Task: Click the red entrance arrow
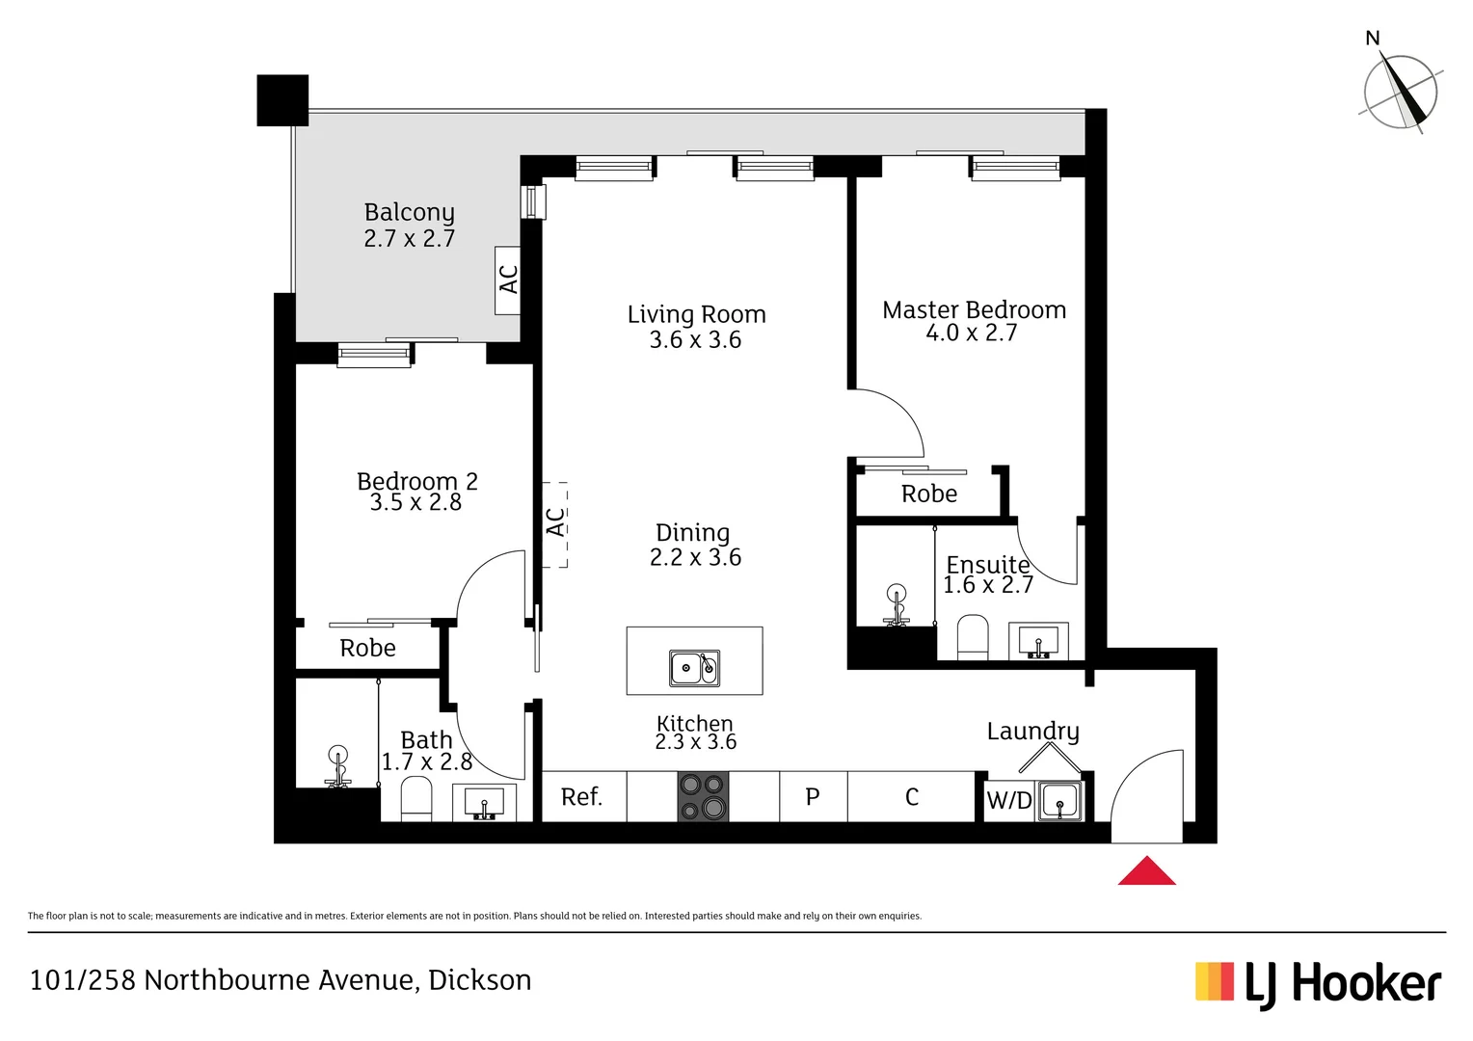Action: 1146,871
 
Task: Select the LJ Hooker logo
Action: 1318,984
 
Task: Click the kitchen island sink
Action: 694,667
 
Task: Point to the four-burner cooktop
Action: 703,796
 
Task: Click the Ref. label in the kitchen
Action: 581,797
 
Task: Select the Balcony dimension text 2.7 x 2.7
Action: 409,238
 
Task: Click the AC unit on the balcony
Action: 508,280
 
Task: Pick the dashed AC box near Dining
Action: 555,523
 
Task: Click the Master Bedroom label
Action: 974,309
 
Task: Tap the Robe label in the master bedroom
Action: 929,494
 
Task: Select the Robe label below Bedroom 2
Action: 367,649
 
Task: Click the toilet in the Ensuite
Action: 973,638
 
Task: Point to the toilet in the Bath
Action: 415,800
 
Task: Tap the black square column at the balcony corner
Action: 282,100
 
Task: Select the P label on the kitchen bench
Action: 813,797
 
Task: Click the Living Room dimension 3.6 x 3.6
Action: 695,340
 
